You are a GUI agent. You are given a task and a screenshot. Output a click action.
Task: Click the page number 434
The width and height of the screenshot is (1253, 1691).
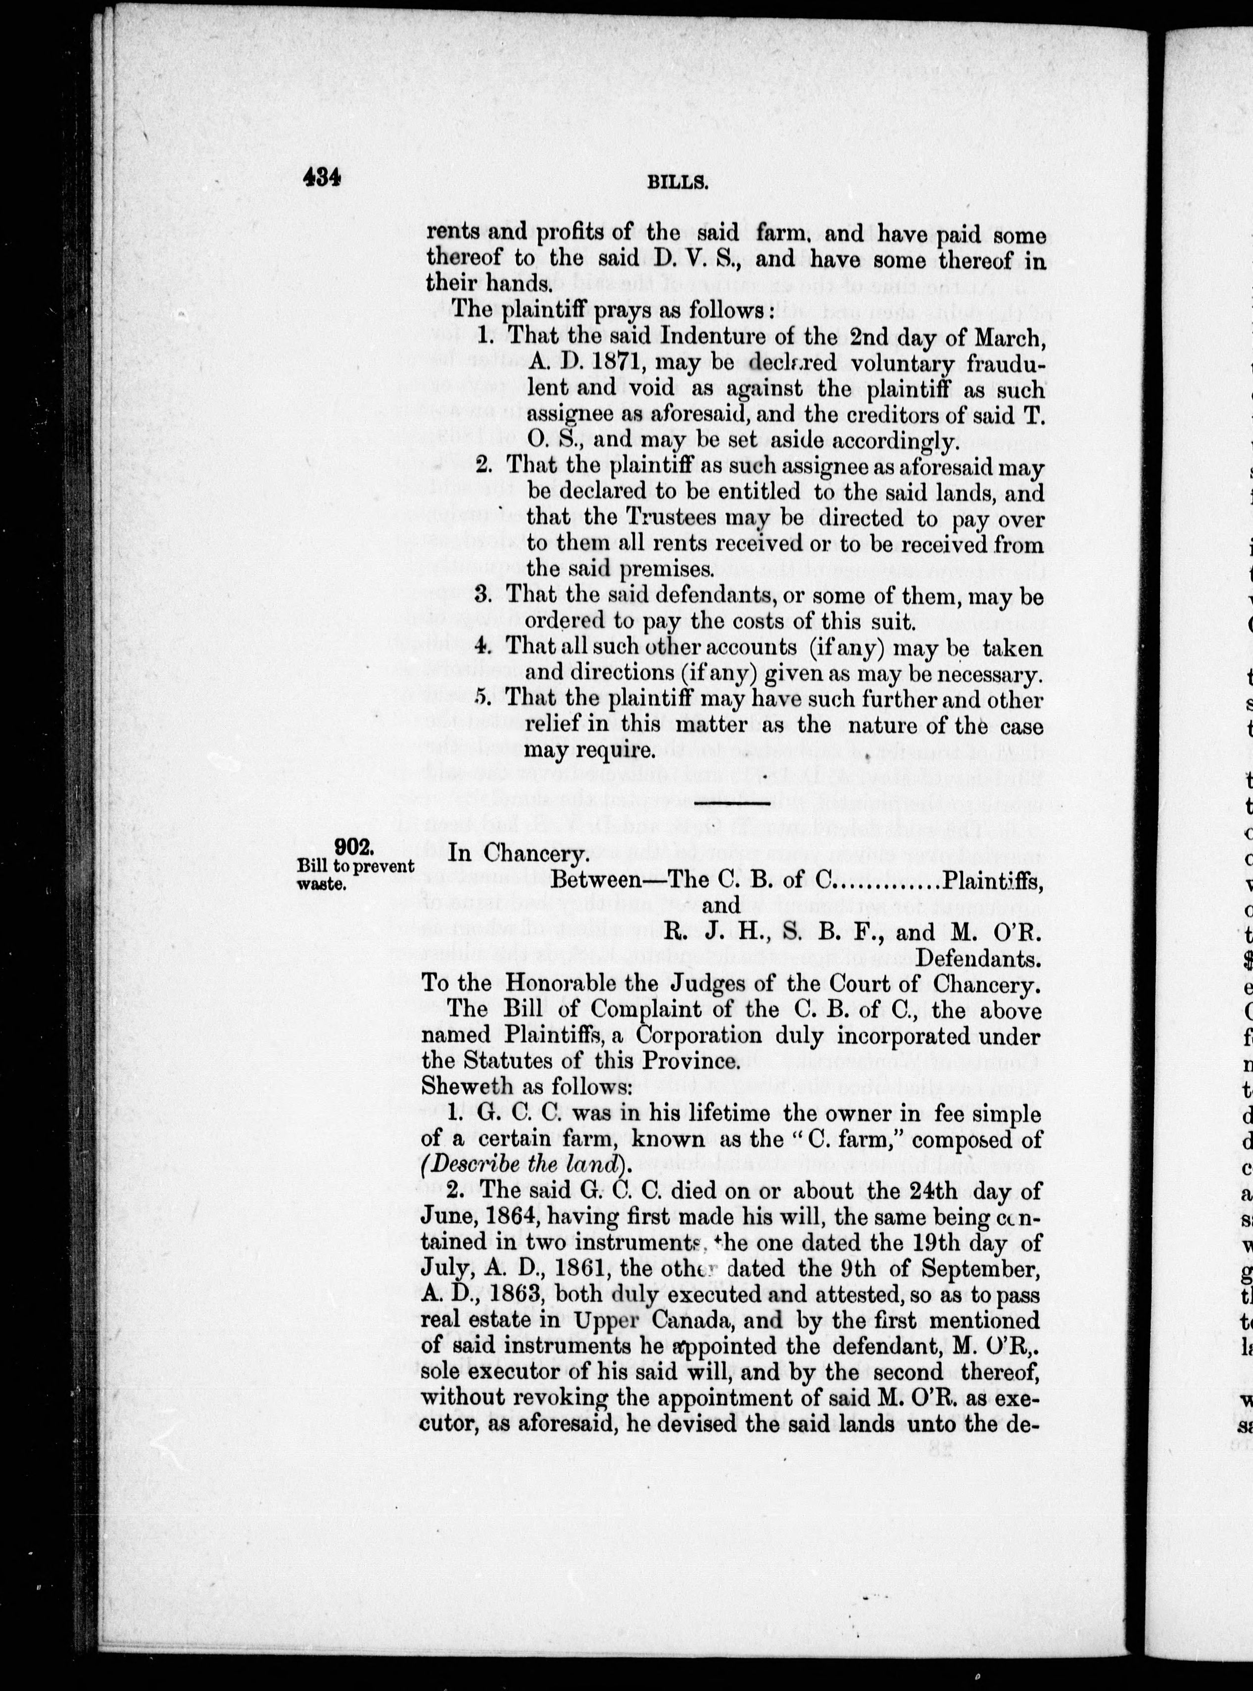click(x=322, y=178)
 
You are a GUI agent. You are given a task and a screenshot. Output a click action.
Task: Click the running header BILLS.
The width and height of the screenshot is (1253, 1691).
click(x=677, y=182)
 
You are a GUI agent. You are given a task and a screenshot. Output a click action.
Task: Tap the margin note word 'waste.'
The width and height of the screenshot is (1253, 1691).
click(x=322, y=883)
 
